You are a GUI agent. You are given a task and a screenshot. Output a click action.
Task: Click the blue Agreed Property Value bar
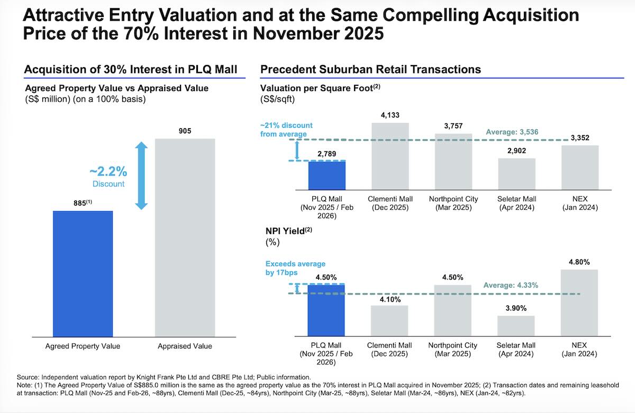pos(83,273)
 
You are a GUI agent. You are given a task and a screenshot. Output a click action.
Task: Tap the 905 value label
pos(185,131)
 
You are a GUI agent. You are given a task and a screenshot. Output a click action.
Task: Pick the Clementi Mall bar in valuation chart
pos(390,157)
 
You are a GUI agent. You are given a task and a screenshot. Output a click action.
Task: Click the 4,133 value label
pos(390,115)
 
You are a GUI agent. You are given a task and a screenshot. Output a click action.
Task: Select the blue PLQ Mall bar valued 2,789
pos(326,176)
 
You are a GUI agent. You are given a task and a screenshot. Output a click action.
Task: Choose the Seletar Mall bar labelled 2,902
pos(516,174)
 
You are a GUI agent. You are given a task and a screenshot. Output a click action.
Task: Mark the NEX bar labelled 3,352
pos(580,168)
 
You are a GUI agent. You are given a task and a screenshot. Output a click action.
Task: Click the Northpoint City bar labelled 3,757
pos(453,162)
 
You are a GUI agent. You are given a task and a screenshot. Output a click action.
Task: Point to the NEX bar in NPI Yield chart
pos(580,302)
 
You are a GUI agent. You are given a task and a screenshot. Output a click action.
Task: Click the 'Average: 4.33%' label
pos(511,285)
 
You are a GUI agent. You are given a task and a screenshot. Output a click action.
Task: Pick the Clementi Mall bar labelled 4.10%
pos(390,320)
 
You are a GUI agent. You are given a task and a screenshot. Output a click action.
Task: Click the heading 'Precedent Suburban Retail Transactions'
pos(370,69)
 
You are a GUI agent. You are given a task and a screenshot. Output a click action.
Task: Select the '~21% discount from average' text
pos(286,130)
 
